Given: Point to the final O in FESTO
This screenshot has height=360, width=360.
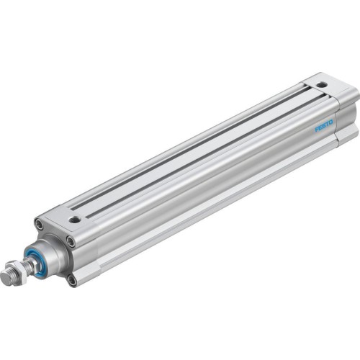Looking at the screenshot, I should click(331, 122).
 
